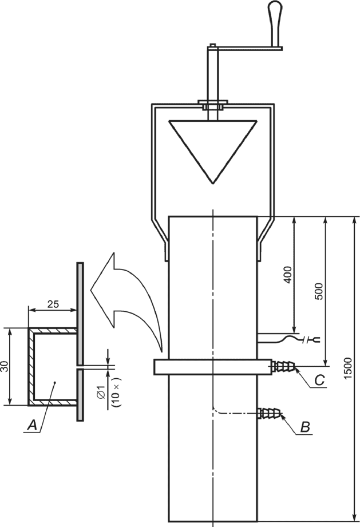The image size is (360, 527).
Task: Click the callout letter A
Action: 32,425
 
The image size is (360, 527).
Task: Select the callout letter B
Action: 304,427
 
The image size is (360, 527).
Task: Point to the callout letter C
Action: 319,381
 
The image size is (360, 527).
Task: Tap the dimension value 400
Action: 288,275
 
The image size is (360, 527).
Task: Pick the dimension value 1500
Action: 348,368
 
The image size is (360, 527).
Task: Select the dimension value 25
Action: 53,304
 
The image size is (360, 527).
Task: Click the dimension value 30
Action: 5,367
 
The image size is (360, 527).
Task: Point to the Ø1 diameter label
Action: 101,392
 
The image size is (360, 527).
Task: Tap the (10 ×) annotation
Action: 117,392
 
